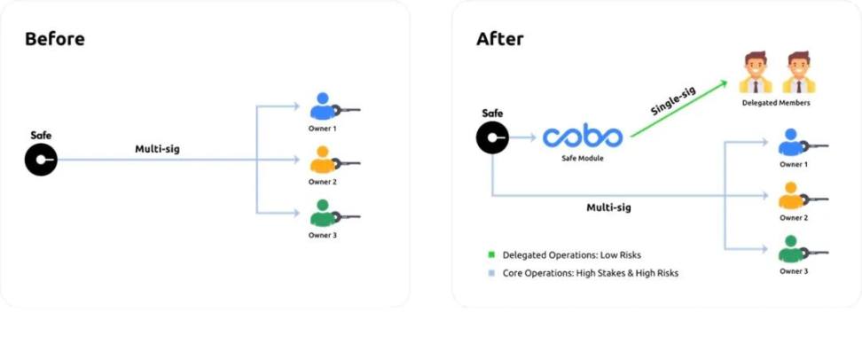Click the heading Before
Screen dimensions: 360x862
click(x=54, y=39)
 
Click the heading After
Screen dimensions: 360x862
click(x=500, y=39)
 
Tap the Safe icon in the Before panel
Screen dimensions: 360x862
click(x=41, y=160)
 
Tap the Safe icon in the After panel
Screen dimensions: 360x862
click(x=492, y=137)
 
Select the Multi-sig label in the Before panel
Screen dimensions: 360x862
click(x=157, y=149)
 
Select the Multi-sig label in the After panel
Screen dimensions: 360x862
click(x=608, y=207)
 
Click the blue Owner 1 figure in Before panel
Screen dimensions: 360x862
click(x=321, y=107)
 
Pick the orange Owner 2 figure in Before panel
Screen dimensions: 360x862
click(x=321, y=161)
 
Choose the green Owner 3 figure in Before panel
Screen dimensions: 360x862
click(x=321, y=214)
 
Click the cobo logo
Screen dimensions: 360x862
click(x=583, y=137)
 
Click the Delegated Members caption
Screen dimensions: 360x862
click(x=776, y=103)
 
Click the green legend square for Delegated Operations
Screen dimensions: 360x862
click(x=491, y=255)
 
